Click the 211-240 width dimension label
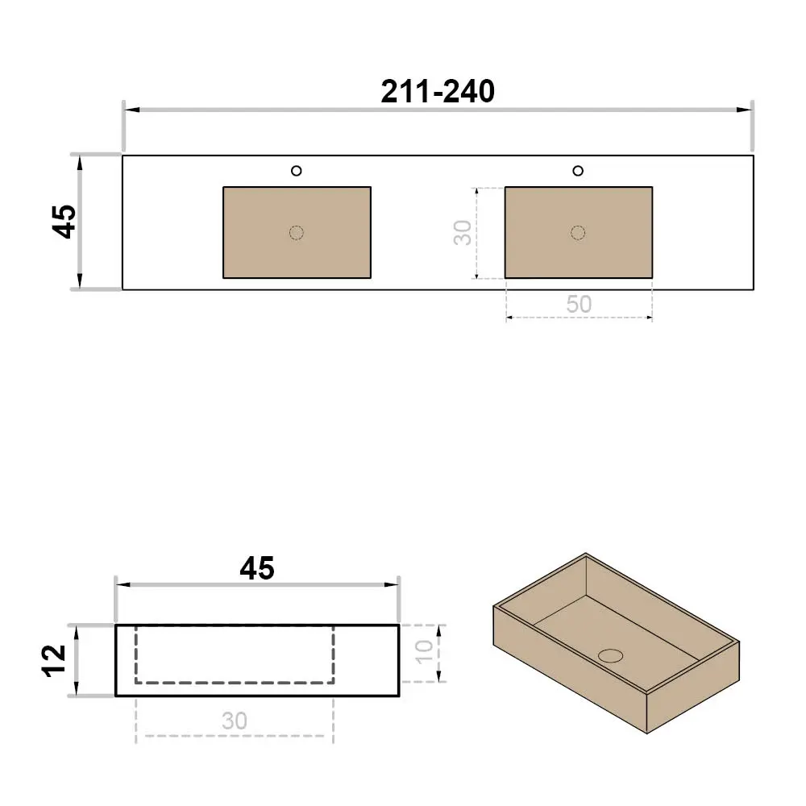point(438,92)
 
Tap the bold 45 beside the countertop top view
point(65,222)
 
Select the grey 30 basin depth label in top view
point(463,232)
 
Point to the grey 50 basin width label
point(579,305)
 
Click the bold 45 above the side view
point(257,568)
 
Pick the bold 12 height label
point(54,661)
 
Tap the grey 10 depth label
point(425,652)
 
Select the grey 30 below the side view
point(235,721)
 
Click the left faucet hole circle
point(296,171)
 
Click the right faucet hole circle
point(578,171)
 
